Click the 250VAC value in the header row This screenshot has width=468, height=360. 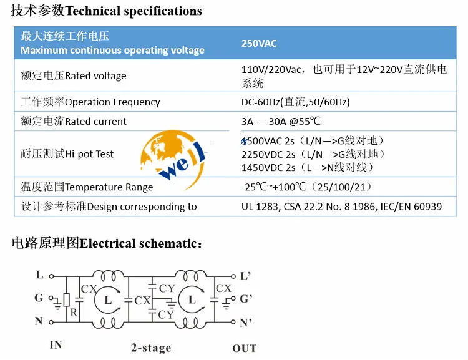click(259, 44)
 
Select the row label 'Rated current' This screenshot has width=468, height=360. click(74, 122)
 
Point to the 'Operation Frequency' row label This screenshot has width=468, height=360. click(90, 102)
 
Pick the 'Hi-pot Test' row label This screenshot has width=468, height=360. click(67, 153)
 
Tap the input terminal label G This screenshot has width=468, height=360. click(39, 299)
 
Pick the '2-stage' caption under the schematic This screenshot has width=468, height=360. click(150, 348)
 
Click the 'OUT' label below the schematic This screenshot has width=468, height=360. click(245, 348)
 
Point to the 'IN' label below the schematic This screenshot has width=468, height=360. click(56, 344)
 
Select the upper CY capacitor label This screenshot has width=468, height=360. click(167, 288)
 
